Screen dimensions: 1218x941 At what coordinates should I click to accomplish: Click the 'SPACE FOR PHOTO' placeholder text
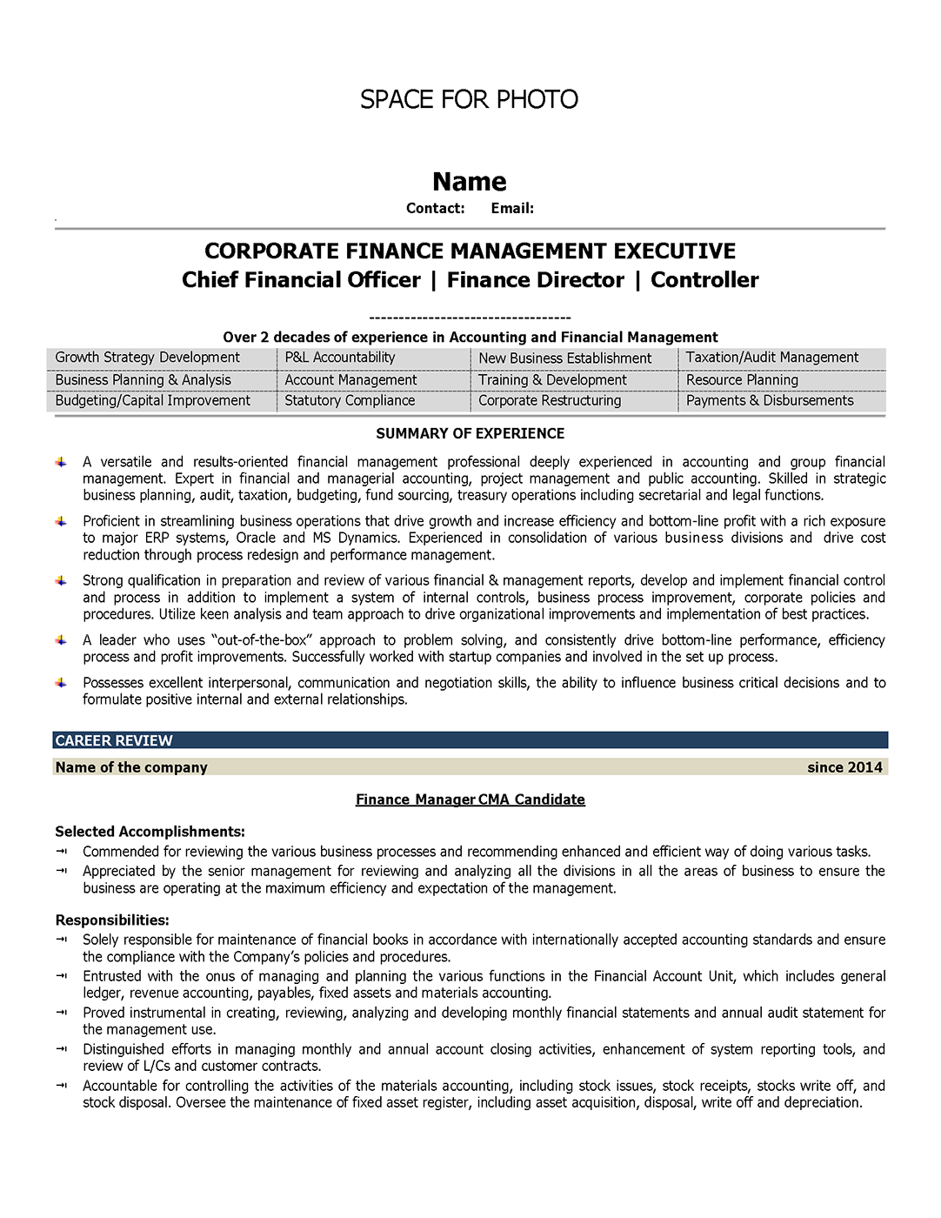(x=469, y=99)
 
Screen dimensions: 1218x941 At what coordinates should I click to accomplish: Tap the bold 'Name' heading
(x=469, y=181)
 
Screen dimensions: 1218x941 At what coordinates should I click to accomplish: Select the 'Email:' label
(x=512, y=208)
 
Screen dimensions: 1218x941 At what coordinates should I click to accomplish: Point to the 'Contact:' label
(x=435, y=208)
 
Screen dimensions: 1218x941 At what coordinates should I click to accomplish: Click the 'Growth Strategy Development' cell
(x=147, y=358)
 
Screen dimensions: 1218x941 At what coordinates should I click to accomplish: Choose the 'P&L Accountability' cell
(x=339, y=358)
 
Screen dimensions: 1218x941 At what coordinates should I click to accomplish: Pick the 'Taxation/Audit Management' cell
(x=771, y=358)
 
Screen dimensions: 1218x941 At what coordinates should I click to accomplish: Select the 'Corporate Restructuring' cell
(x=550, y=401)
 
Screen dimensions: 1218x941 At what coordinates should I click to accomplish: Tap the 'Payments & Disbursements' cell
(x=770, y=401)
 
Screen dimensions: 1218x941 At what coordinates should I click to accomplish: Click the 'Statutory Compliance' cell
(x=350, y=401)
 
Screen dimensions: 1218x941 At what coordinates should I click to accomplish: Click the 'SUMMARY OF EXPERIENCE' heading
(x=470, y=433)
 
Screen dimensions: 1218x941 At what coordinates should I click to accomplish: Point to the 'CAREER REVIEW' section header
(x=114, y=740)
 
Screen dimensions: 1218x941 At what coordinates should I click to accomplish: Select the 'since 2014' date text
(x=844, y=767)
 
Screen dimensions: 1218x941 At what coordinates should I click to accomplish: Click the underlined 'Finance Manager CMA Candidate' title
(x=470, y=800)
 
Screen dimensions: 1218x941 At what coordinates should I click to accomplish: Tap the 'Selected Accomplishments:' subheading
(x=150, y=832)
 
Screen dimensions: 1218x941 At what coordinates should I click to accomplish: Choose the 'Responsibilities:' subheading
(x=112, y=920)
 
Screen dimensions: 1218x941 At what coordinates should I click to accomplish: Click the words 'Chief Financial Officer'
(x=301, y=280)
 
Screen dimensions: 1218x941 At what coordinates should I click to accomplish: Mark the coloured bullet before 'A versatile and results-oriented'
(x=61, y=462)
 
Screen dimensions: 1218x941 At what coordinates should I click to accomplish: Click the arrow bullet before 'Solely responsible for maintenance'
(x=61, y=940)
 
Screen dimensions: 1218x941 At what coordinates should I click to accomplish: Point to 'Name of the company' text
(x=131, y=767)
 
